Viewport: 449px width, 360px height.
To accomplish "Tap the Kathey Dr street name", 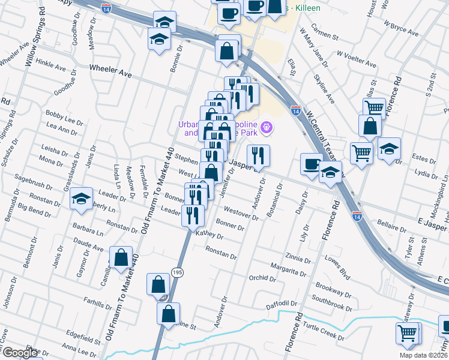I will (x=209, y=235).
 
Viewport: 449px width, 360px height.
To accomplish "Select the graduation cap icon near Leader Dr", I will (x=80, y=198).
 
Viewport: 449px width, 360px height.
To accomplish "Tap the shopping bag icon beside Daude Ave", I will (x=121, y=257).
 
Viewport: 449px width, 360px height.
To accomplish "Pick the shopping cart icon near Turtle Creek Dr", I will (x=408, y=332).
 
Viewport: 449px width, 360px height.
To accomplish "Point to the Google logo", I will (x=20, y=353).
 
